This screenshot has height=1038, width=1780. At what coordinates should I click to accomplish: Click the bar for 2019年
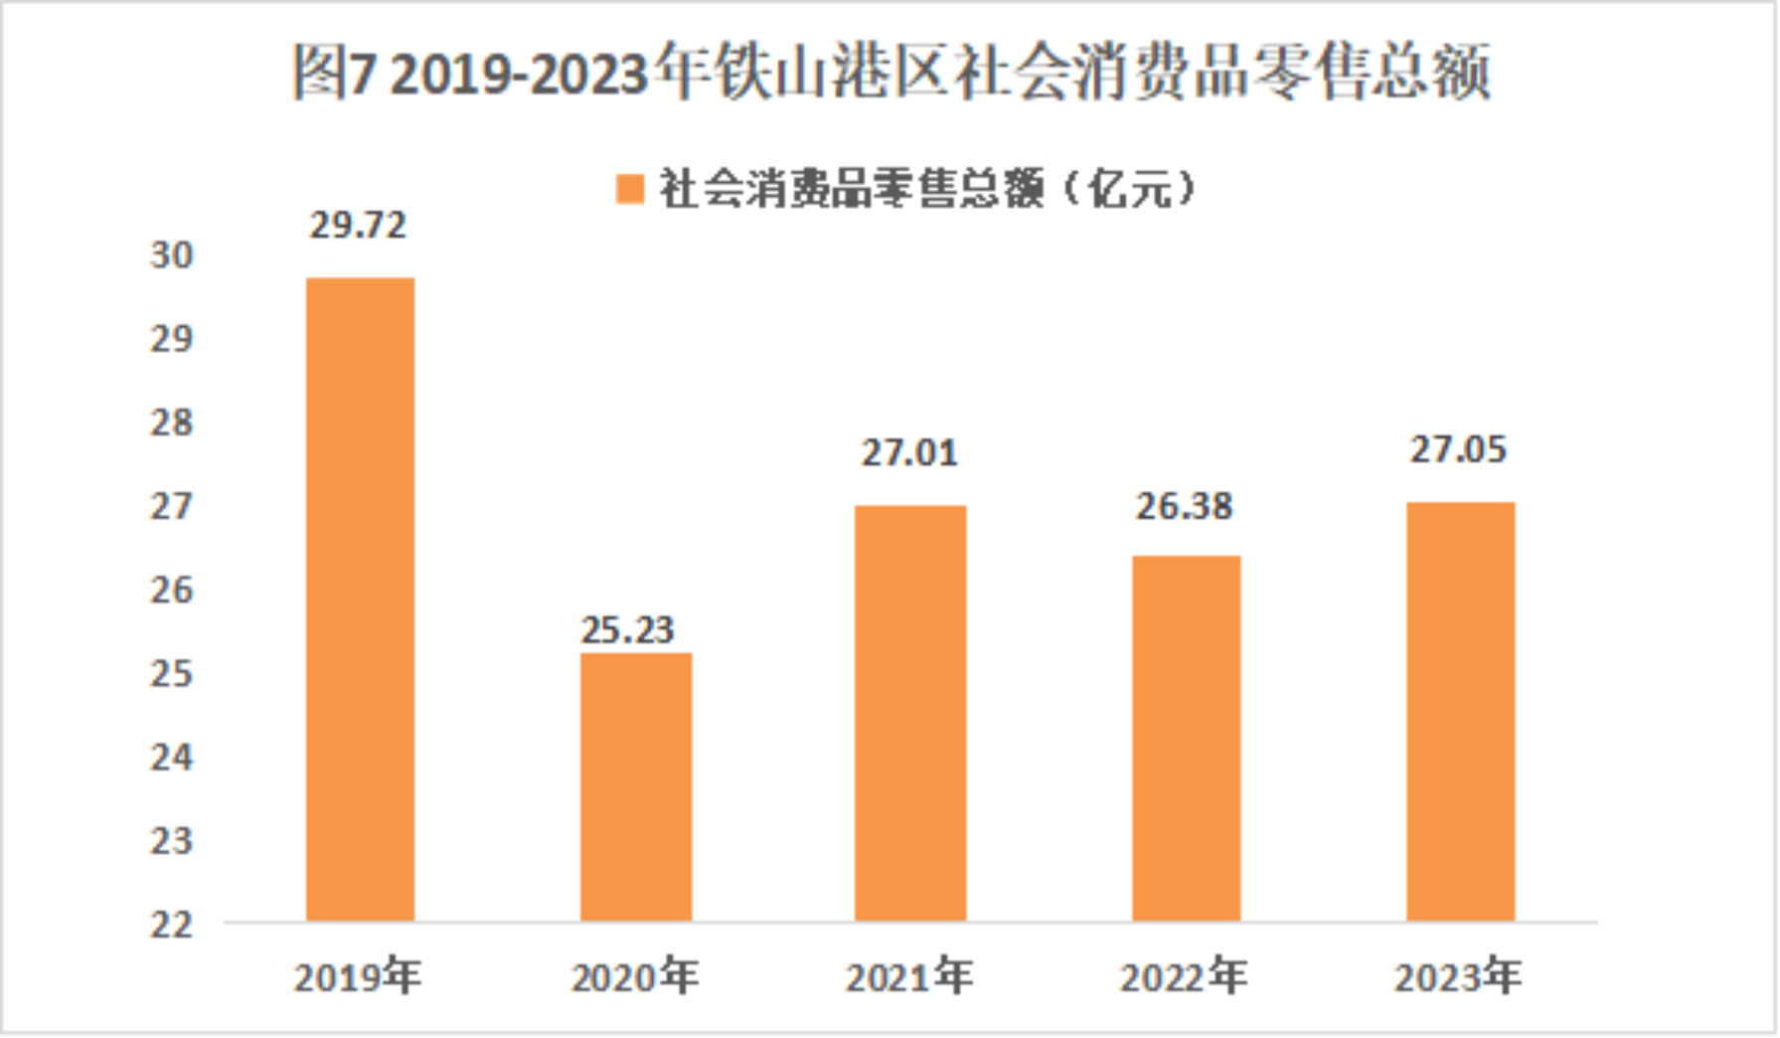[360, 599]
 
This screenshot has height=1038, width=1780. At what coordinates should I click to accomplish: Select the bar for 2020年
[636, 786]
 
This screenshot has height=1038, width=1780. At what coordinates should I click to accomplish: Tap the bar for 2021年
[910, 713]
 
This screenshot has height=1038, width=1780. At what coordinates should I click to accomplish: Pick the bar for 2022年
[1186, 738]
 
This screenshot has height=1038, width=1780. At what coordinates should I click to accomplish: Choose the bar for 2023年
[1460, 711]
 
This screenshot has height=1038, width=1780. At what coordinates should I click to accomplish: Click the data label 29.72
[358, 226]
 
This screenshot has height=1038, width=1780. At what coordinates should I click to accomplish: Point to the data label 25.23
[627, 630]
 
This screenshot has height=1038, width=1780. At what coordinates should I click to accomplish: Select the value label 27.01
[909, 453]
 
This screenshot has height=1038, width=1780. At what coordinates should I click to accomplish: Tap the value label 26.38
[1184, 507]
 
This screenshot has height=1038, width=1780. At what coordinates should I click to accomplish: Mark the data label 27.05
[1458, 450]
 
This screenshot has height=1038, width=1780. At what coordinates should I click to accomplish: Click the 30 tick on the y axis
[172, 256]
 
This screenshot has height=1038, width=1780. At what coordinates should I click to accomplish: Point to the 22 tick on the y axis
[172, 926]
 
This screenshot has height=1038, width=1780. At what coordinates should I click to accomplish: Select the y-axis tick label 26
[172, 591]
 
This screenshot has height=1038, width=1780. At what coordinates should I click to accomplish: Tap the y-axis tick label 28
[172, 424]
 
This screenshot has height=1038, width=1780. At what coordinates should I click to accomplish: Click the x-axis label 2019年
[358, 977]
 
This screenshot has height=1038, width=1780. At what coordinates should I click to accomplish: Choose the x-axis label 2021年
[909, 977]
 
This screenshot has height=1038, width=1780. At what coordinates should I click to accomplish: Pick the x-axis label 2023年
[1458, 977]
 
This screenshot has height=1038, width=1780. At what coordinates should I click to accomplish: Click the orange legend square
[630, 189]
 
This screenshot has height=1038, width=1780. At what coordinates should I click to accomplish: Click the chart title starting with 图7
[890, 73]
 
